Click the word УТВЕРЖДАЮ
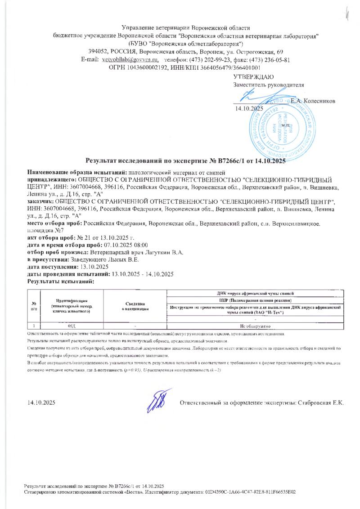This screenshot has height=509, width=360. click(253, 77)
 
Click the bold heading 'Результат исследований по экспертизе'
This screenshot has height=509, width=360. click(184, 161)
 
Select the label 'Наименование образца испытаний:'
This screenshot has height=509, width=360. click(77, 172)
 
